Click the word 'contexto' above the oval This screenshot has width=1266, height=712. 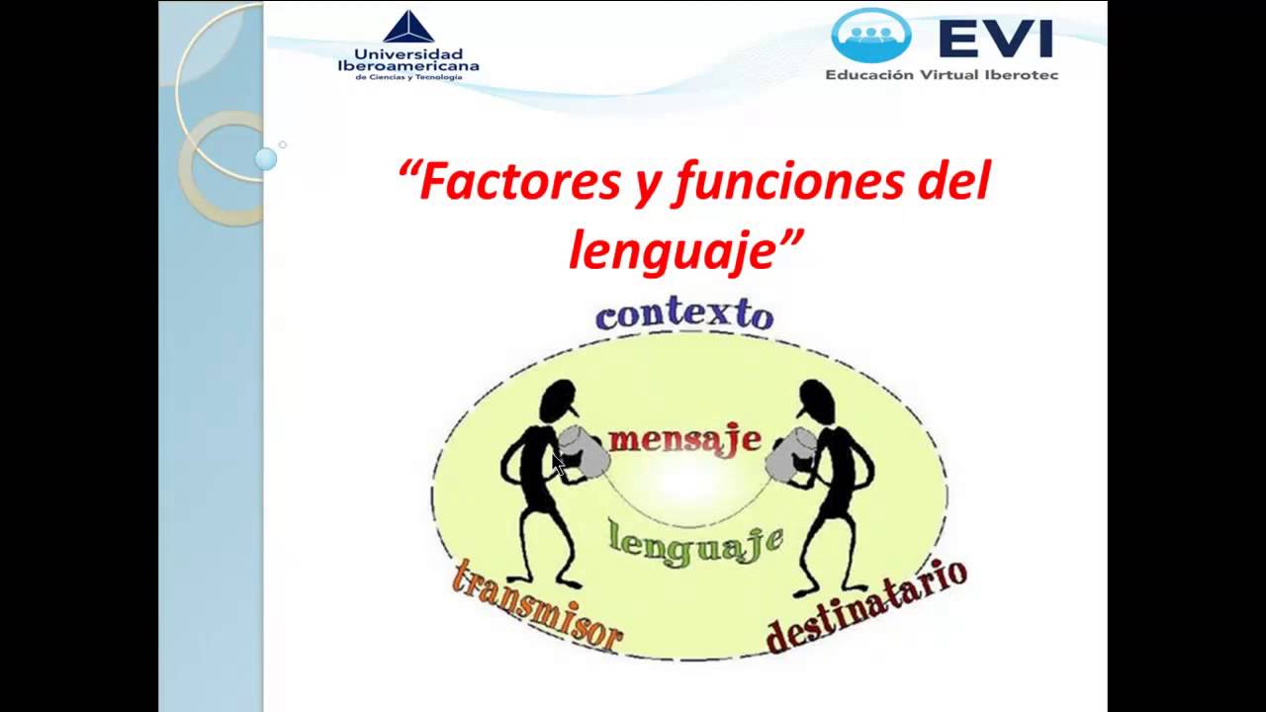[683, 314]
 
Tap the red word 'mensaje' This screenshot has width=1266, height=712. [684, 439]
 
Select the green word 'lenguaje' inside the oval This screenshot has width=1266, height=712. [696, 543]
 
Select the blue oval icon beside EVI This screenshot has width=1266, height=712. [871, 35]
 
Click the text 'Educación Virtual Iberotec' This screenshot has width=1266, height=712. [942, 74]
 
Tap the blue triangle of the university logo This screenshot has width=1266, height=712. [408, 27]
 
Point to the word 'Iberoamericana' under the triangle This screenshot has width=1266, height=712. [408, 65]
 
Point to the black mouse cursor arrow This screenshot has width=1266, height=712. [559, 465]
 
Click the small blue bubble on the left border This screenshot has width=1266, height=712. [266, 158]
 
